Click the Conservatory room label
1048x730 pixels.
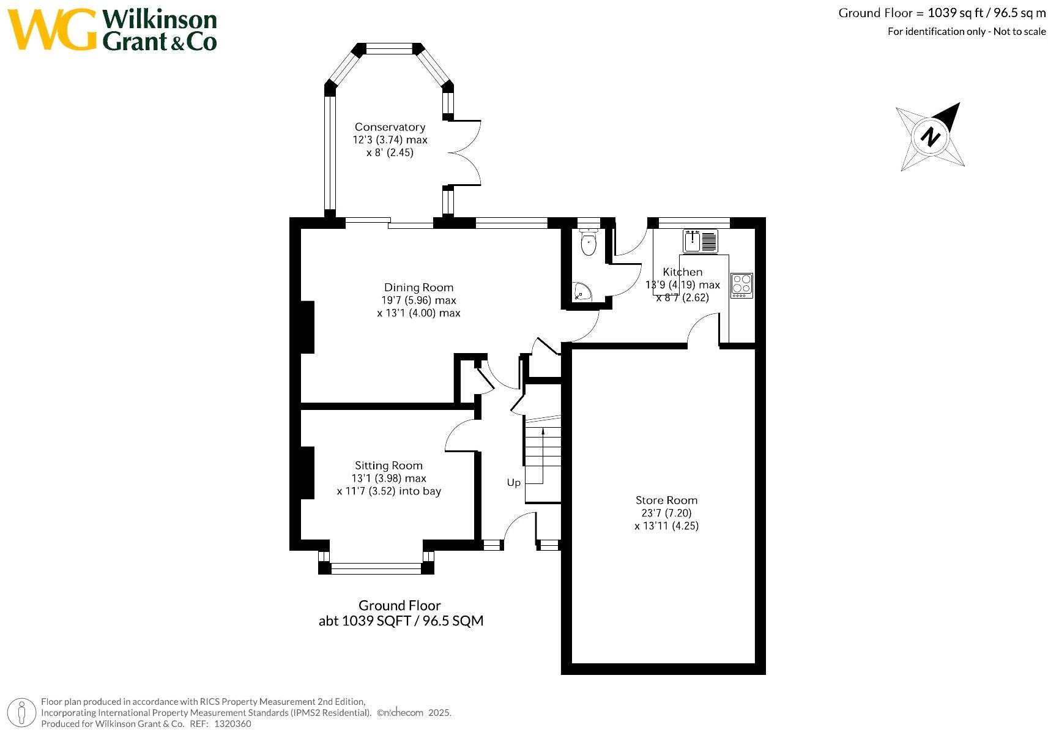coord(390,127)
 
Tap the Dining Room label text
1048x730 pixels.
coord(418,288)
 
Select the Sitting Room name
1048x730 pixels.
coord(388,466)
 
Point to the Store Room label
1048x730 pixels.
coord(666,501)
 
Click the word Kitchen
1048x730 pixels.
coord(683,272)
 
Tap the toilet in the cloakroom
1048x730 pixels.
coord(588,242)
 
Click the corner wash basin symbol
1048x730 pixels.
coord(582,291)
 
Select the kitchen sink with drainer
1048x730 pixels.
coord(701,241)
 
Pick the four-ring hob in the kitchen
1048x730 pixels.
coord(742,285)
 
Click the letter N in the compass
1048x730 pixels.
coord(930,137)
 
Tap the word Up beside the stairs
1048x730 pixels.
coord(514,482)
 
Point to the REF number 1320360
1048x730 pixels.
coord(232,723)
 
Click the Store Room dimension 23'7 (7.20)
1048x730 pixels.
coord(666,513)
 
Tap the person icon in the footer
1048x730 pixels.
coord(21,713)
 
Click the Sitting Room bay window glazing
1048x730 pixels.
coord(376,568)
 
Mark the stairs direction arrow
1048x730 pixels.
coord(543,456)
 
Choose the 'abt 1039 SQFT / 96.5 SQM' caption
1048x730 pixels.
coord(401,621)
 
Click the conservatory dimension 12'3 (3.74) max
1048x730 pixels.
coord(390,140)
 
